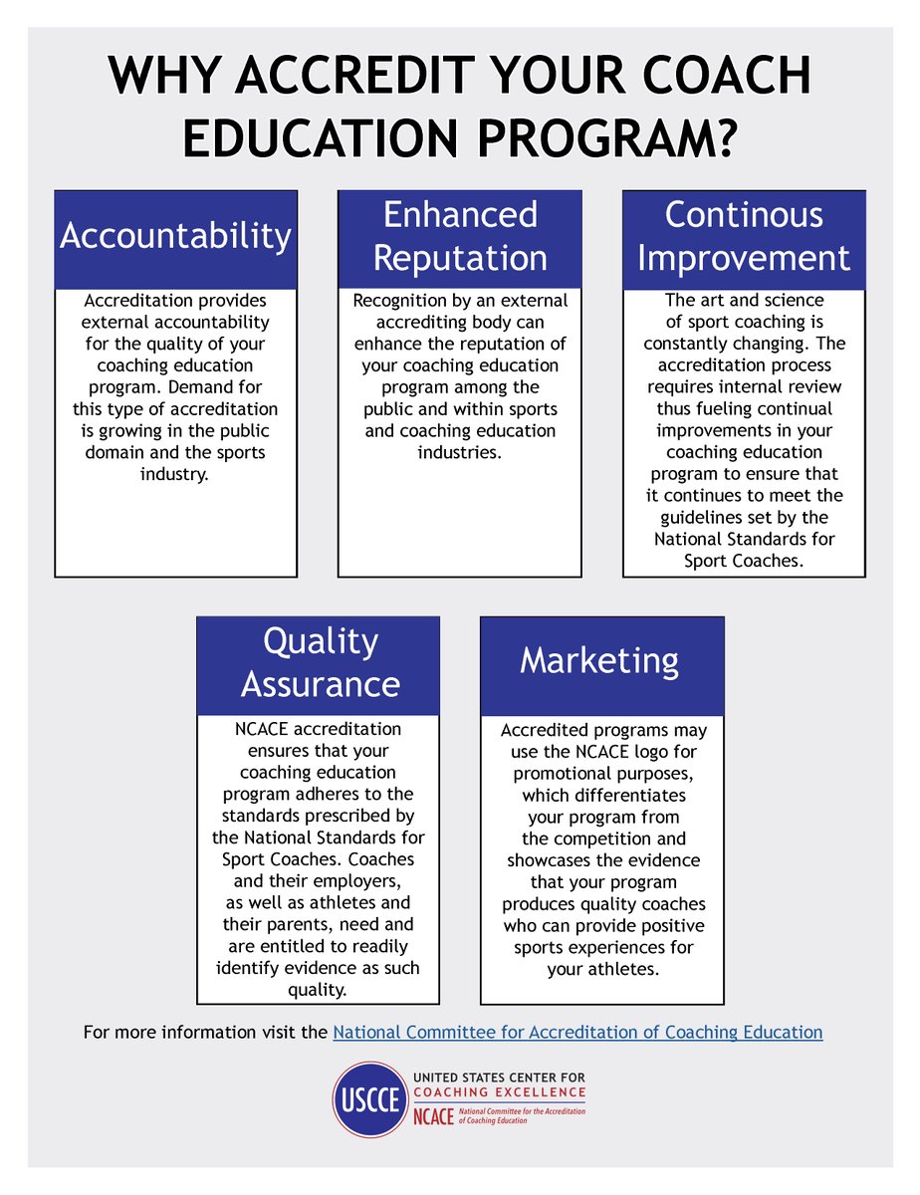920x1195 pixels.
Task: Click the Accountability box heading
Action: (x=175, y=237)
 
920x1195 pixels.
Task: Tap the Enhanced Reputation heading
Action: (x=460, y=237)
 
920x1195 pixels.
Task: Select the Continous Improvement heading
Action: (x=744, y=237)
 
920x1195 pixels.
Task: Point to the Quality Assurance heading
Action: (x=320, y=663)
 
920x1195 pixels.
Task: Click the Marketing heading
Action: (x=599, y=660)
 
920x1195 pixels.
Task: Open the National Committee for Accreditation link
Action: (x=577, y=1033)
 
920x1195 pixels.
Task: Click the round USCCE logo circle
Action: (x=370, y=1098)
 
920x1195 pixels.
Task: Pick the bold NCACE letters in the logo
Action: (x=433, y=1115)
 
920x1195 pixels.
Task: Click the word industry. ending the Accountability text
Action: (x=175, y=475)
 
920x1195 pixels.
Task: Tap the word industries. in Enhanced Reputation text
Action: (x=459, y=453)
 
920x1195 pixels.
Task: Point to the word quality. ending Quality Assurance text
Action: (x=318, y=990)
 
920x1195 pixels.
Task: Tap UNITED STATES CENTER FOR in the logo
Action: (x=499, y=1077)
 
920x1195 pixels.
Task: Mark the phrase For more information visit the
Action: (x=206, y=1033)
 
